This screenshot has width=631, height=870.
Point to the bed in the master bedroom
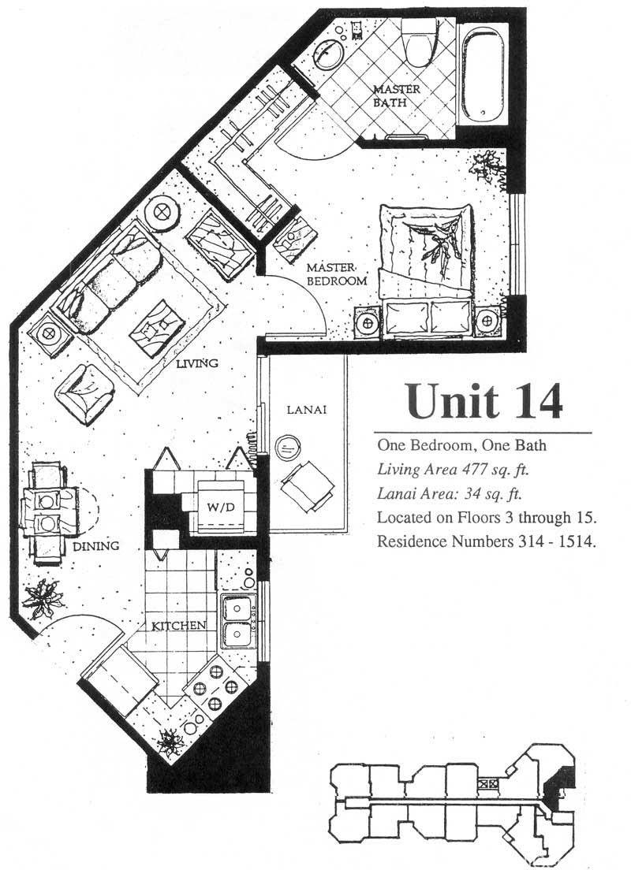[426, 270]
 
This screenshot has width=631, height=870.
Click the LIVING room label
[196, 363]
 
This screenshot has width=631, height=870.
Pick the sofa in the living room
[108, 276]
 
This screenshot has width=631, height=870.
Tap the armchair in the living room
[84, 394]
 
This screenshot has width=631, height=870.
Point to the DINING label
[97, 545]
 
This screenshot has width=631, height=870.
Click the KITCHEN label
[179, 626]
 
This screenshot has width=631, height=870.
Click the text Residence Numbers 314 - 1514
[487, 541]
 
